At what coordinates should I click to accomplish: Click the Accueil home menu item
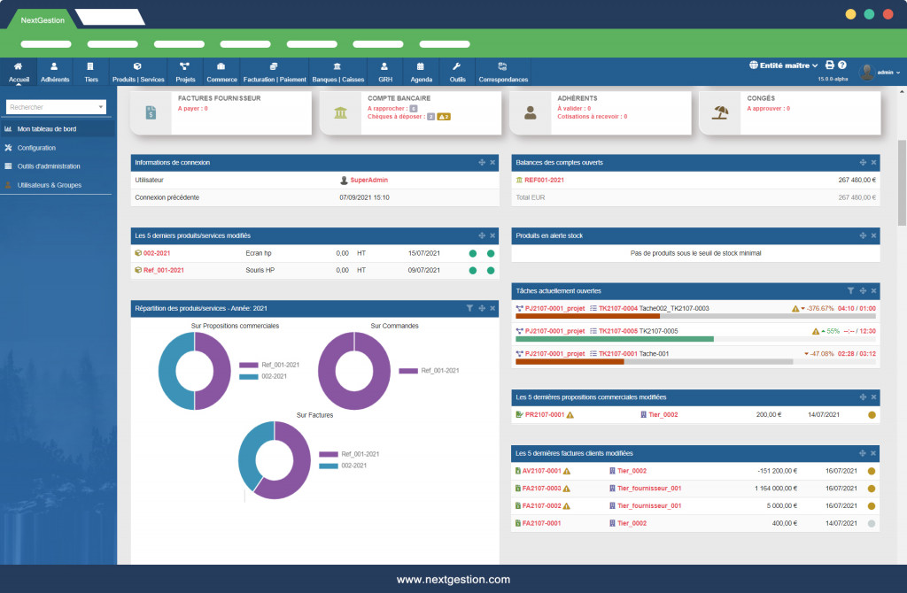[x=18, y=72]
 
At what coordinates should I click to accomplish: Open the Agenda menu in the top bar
[x=422, y=72]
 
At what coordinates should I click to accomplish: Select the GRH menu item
[x=385, y=72]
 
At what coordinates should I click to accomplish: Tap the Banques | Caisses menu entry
[x=337, y=72]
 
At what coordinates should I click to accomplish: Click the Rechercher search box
[x=55, y=107]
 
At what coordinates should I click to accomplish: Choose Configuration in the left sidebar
[x=36, y=148]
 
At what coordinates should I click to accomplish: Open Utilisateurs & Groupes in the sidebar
[x=50, y=185]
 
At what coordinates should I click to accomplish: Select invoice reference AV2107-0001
[x=540, y=471]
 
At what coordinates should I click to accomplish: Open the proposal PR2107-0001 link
[x=544, y=414]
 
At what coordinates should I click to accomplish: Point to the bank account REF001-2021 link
[x=544, y=180]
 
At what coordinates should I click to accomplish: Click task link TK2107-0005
[x=617, y=330]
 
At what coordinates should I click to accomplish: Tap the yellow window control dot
[x=850, y=14]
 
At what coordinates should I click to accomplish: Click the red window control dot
[x=888, y=14]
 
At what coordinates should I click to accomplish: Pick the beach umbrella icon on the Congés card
[x=720, y=112]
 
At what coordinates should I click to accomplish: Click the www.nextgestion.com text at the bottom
[x=453, y=580]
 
